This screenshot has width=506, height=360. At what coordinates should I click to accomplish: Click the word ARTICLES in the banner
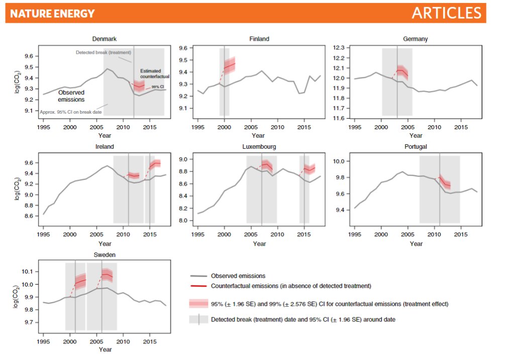(446, 13)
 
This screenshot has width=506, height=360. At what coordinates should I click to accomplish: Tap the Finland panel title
(259, 39)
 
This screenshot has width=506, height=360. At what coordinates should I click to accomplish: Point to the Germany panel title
(415, 39)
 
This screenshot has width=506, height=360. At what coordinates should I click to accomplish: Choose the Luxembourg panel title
(259, 147)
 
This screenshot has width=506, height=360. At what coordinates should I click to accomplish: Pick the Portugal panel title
(415, 147)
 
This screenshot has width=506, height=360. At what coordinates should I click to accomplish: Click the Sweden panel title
(105, 255)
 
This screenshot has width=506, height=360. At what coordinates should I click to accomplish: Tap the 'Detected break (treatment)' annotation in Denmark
(104, 52)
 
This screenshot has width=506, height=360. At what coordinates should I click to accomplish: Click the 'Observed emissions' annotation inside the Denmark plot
(70, 96)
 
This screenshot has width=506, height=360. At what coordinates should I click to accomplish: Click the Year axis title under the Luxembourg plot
(259, 244)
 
